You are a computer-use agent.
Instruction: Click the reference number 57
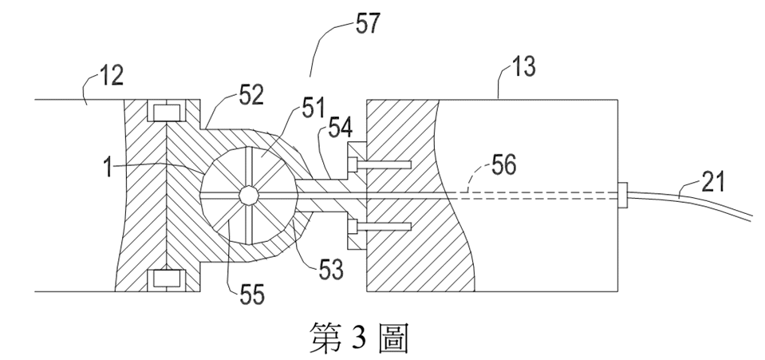368,24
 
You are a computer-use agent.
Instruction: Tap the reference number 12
111,76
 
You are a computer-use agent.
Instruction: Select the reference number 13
523,66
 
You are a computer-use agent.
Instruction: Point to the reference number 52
251,95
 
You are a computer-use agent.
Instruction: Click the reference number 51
313,108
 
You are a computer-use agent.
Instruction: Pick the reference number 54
341,128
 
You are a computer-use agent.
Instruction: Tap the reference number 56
503,164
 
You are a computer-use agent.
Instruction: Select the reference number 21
713,182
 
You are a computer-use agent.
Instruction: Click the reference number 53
331,269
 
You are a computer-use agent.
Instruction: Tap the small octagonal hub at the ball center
248,196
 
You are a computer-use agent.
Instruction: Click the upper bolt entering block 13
384,164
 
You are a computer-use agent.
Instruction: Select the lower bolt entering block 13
384,226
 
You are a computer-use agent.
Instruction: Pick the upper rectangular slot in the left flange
167,113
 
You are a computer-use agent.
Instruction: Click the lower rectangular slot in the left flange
167,279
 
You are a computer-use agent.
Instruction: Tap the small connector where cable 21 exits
622,196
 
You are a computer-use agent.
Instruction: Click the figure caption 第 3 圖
359,338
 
